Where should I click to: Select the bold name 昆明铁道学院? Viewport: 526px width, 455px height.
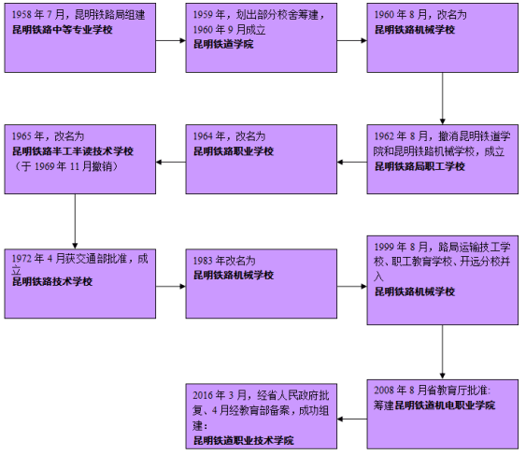pos(223,44)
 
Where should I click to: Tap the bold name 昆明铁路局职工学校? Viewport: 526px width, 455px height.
pos(419,166)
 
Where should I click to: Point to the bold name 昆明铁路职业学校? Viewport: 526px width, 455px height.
pos(234,150)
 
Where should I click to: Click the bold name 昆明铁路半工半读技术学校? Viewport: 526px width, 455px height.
pos(73,150)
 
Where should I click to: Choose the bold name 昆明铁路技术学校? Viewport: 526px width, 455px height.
pos(52,280)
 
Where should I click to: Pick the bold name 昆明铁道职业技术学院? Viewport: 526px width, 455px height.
pos(243,438)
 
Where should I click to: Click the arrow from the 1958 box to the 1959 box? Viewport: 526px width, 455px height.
pos(168,40)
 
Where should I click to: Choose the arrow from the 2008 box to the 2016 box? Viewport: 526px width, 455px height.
pos(350,418)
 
